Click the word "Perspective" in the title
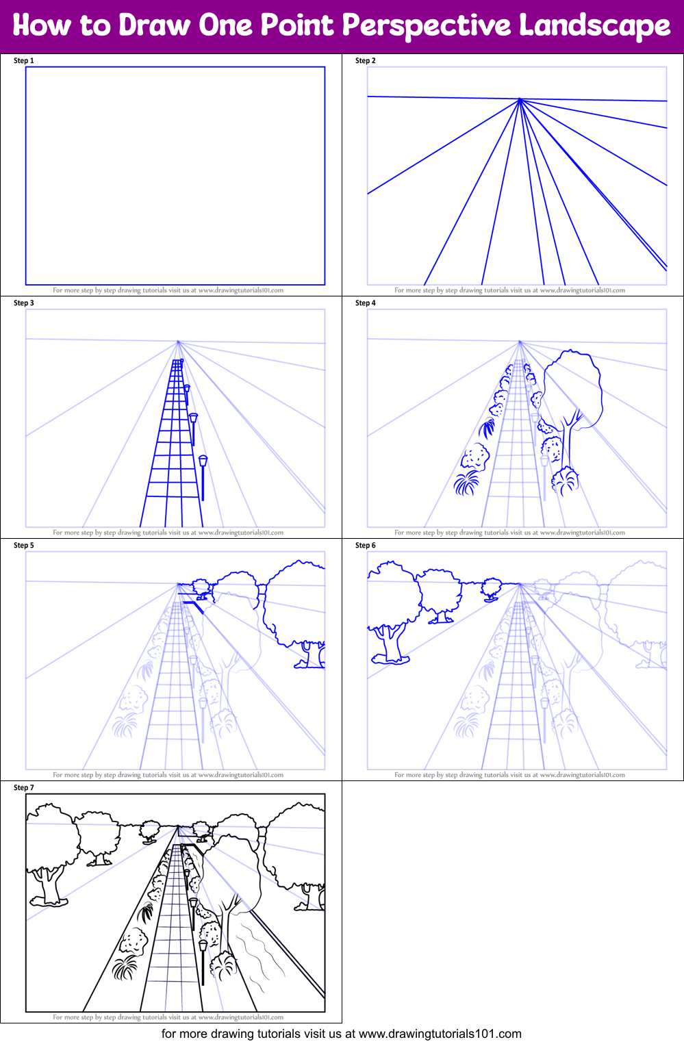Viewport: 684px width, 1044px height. tap(426, 27)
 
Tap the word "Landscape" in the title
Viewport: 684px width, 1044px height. tap(594, 27)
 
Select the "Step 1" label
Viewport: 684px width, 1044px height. tap(23, 61)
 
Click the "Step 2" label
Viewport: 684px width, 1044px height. tap(365, 61)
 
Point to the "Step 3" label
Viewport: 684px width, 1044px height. tap(23, 303)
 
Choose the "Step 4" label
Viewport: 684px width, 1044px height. tap(365, 303)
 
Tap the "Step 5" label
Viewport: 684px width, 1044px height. tap(23, 546)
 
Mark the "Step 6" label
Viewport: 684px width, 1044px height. tap(365, 546)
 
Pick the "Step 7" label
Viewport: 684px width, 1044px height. tap(23, 788)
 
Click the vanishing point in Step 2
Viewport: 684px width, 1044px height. tap(520, 99)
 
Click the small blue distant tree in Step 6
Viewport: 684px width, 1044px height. tap(491, 589)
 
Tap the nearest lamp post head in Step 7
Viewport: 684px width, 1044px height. tap(203, 946)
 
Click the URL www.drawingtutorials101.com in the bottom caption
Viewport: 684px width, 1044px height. tap(440, 1034)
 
